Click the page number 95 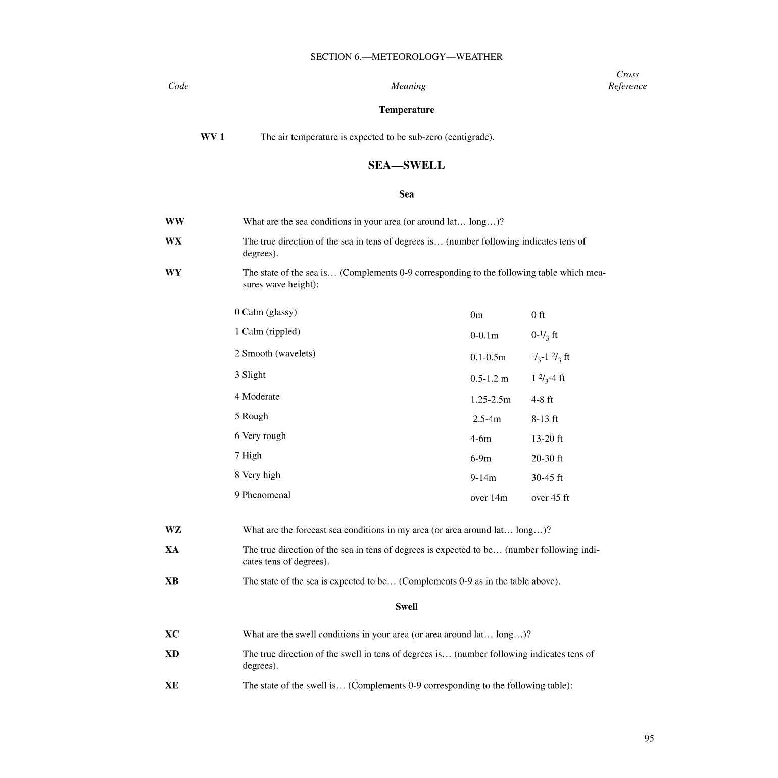click(649, 738)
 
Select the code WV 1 click(212, 137)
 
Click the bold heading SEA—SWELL click(406, 165)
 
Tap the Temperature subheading click(406, 110)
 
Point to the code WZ click(173, 530)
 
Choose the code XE click(172, 685)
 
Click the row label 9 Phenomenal click(262, 495)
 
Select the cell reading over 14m click(489, 498)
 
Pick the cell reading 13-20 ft click(547, 439)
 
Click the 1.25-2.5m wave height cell click(490, 399)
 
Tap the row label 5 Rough click(251, 416)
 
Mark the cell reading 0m click(476, 315)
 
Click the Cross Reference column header click(627, 80)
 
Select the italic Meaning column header click(408, 86)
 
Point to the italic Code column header click(178, 86)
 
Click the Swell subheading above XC click(406, 607)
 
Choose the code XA click(172, 550)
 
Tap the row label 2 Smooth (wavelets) click(275, 353)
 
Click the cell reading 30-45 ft click(547, 478)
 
